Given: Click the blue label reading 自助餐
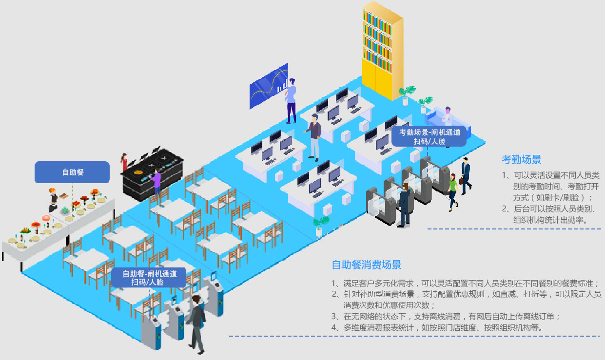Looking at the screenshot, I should click(72, 172).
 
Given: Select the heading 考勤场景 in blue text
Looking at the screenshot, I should click(521, 159).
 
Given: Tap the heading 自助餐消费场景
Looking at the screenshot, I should click(366, 265).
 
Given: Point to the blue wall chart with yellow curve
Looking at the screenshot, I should click(268, 86).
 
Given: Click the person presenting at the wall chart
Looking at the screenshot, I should click(291, 100).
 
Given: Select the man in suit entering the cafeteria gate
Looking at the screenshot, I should click(196, 322).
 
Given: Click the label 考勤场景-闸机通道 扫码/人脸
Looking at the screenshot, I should click(429, 136).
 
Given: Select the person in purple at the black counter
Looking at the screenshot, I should click(156, 182).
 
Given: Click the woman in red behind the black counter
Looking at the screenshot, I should click(125, 163).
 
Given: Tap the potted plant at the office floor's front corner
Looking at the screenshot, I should click(320, 226).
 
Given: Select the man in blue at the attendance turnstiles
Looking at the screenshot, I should click(404, 205).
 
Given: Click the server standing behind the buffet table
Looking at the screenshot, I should click(53, 200).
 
